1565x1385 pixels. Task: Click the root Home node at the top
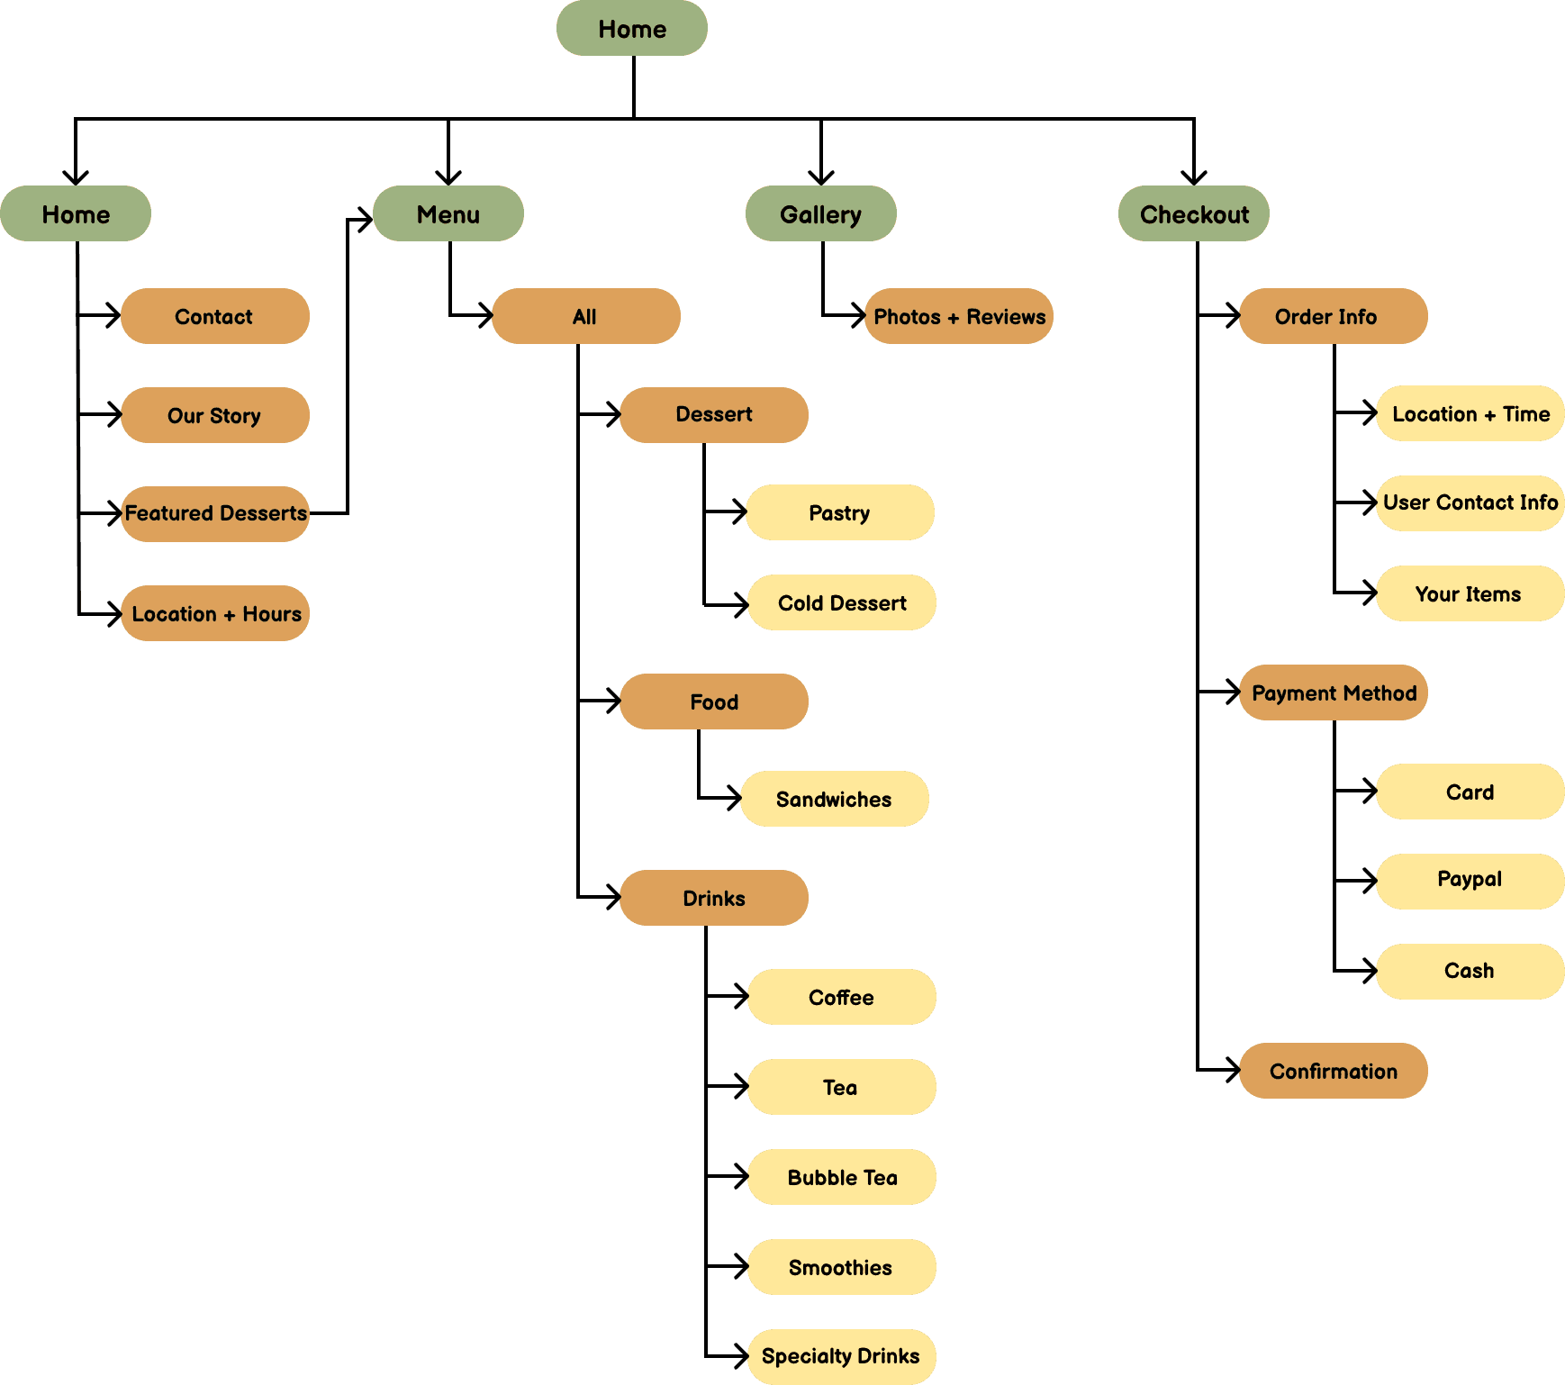631,29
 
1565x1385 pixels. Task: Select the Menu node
448,214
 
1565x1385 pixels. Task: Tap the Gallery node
820,214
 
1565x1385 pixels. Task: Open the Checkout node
1193,214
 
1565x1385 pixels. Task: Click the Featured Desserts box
215,513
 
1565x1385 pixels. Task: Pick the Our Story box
214,415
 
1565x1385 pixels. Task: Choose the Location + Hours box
215,613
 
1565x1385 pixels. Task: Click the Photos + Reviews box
959,317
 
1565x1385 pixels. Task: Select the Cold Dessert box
842,602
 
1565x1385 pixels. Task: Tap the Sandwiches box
834,799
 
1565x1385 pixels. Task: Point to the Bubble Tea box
842,1177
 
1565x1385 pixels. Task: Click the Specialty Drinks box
841,1356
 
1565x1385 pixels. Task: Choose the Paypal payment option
1470,880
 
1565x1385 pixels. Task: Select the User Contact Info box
1470,502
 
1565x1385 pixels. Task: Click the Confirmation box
1334,1071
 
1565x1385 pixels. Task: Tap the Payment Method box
1334,692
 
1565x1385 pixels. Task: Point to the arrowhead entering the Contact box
114,316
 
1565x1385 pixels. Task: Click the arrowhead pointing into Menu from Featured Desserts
365,219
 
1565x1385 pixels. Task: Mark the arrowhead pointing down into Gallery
820,177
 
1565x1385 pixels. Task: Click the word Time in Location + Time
1526,414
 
